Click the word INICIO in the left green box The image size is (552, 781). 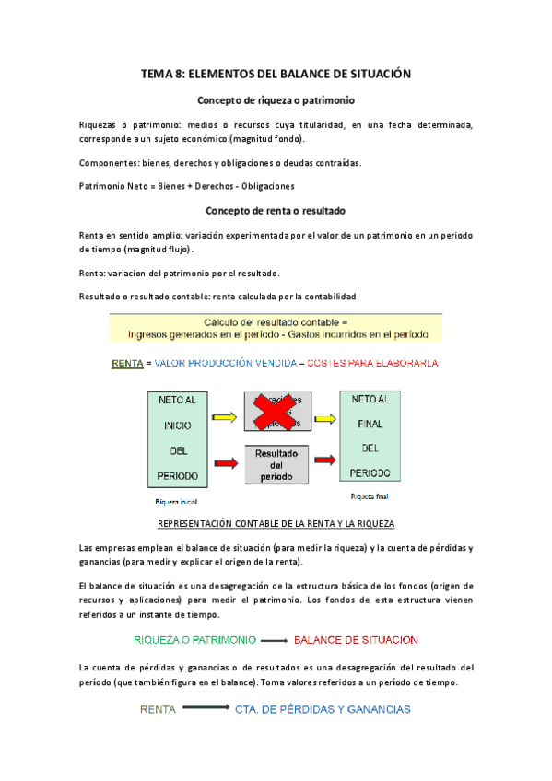pyautogui.click(x=178, y=426)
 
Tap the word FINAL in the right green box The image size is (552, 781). pyautogui.click(x=370, y=425)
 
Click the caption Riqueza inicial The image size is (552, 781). pyautogui.click(x=177, y=502)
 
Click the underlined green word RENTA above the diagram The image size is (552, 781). pyautogui.click(x=126, y=364)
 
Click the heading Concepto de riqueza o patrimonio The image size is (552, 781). pyautogui.click(x=276, y=99)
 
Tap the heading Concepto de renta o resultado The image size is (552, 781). pyautogui.click(x=276, y=210)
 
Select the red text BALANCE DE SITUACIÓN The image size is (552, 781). pyautogui.click(x=356, y=639)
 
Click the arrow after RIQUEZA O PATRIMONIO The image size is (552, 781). pyautogui.click(x=274, y=640)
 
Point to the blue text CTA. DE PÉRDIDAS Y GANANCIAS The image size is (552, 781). pyautogui.click(x=323, y=709)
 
